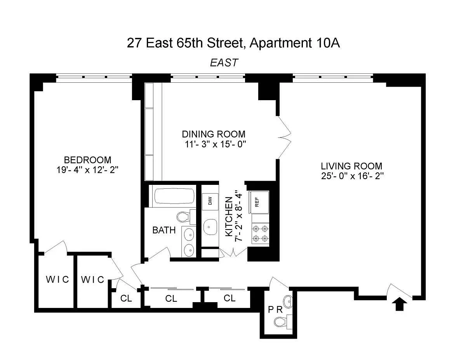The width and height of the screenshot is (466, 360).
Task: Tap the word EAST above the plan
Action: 224,63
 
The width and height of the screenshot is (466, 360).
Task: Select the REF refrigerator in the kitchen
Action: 258,202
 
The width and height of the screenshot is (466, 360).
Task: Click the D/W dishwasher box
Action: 210,202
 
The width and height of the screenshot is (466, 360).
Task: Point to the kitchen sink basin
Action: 210,227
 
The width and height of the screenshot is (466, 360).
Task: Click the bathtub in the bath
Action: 174,196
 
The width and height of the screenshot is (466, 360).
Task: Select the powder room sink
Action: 288,301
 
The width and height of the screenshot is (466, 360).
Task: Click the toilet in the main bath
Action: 186,217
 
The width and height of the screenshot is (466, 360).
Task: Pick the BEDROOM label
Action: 87,160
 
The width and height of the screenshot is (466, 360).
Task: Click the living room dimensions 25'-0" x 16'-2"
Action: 352,176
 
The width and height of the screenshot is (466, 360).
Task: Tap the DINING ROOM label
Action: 214,134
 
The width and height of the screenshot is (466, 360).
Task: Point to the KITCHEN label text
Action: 229,217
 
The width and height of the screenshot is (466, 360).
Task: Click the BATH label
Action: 164,230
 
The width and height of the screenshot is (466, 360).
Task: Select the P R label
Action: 275,310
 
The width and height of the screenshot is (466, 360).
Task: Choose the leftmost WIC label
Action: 57,279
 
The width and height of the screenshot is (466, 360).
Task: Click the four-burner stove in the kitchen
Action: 260,233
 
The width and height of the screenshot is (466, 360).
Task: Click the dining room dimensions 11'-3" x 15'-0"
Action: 215,144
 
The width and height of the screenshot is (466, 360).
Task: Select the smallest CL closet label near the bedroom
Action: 126,298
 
